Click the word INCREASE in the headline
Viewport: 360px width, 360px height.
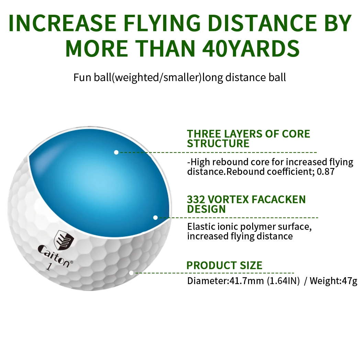point(61,23)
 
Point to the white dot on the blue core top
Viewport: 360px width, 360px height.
point(116,152)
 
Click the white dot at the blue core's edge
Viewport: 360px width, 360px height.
point(155,217)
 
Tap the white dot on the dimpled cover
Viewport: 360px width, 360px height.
point(131,273)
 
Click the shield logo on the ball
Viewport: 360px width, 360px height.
point(64,239)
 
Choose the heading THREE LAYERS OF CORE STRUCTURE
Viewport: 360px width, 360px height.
point(248,138)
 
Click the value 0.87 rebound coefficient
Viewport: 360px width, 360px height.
point(325,172)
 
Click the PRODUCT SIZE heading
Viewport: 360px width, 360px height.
point(224,265)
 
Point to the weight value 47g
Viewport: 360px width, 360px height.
point(349,281)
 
